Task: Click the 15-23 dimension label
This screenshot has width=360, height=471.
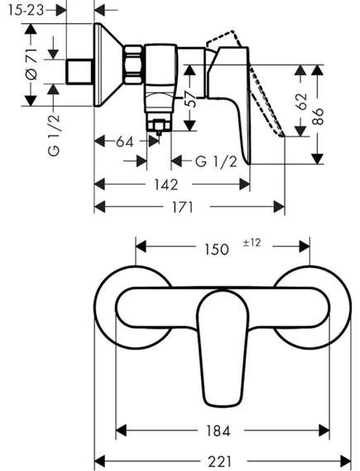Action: (26, 11)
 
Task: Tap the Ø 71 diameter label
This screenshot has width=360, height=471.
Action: (31, 64)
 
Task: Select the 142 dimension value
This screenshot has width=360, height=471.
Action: (166, 184)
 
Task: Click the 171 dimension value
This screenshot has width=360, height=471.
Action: (182, 207)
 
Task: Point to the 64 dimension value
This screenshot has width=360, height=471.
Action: (125, 142)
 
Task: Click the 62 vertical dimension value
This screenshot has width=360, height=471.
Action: (301, 101)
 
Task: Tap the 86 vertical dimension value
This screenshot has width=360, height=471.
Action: (318, 116)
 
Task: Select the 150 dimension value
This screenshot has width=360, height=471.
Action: (217, 249)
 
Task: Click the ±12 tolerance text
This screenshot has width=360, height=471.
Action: (252, 243)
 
